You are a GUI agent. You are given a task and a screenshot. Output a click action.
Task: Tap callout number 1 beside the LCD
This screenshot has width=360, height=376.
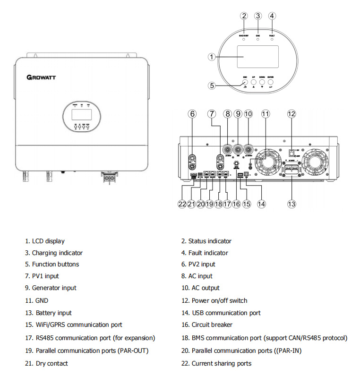tap(212, 57)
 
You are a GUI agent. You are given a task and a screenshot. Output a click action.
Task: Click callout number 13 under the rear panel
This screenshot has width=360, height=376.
tap(291, 204)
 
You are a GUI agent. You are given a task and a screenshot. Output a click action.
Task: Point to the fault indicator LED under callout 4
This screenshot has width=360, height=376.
tap(272, 39)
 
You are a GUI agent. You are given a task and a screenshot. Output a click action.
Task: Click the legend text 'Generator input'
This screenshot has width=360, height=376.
tap(54, 288)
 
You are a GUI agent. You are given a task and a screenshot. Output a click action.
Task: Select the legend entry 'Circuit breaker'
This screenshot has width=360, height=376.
tap(212, 325)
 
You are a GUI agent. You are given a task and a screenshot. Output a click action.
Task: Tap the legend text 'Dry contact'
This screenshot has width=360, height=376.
tap(51, 363)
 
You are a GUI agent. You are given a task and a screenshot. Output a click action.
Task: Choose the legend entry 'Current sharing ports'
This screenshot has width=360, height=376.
tap(221, 363)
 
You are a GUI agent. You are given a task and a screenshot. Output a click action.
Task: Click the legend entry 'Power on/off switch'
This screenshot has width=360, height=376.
tap(219, 300)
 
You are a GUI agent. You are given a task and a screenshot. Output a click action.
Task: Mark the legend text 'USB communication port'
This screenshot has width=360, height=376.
tap(226, 313)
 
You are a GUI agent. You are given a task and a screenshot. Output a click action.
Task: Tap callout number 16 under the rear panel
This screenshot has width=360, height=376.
tap(236, 204)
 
